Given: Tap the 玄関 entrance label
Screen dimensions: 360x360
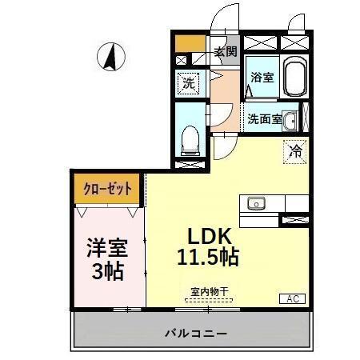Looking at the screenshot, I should pyautogui.click(x=226, y=52).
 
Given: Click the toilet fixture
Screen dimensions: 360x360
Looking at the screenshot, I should pyautogui.click(x=190, y=141).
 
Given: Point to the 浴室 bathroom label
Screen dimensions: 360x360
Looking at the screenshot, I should pyautogui.click(x=262, y=78).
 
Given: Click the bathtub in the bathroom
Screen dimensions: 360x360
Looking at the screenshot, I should pyautogui.click(x=292, y=77).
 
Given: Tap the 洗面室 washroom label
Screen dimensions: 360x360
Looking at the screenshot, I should pyautogui.click(x=263, y=120).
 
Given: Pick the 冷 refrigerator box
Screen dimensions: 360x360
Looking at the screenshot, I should pyautogui.click(x=294, y=150).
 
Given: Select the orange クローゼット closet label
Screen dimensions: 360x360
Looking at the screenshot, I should pyautogui.click(x=106, y=190).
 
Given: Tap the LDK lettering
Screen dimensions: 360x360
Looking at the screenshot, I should pyautogui.click(x=210, y=237).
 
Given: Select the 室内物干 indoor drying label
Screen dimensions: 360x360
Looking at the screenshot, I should pyautogui.click(x=209, y=292).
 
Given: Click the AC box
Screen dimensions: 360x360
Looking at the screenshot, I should pyautogui.click(x=291, y=299).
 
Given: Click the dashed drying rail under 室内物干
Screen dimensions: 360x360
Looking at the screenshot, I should pyautogui.click(x=209, y=301).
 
